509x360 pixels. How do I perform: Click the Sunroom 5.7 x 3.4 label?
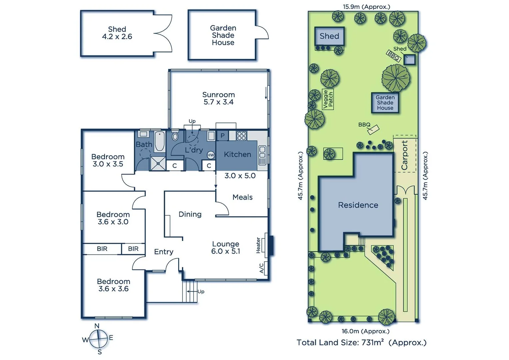(219, 98)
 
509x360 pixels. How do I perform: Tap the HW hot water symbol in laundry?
(211, 155)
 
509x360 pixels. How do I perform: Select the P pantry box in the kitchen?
(223, 136)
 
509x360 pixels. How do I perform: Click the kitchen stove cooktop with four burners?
(242, 136)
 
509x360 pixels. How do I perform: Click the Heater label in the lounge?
(258, 245)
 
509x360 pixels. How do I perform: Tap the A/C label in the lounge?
(261, 268)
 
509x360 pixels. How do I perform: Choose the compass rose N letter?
(97, 326)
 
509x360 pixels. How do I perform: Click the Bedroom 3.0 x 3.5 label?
(108, 160)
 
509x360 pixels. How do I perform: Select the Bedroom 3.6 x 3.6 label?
(114, 285)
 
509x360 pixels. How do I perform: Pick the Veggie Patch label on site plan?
(328, 99)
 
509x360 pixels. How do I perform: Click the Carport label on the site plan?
(404, 155)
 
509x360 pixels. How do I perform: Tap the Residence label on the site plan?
(358, 205)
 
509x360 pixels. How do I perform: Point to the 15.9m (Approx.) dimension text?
(366, 6)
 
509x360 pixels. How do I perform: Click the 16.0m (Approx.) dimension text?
(365, 331)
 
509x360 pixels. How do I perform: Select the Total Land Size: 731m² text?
(361, 342)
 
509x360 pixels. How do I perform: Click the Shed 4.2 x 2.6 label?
(117, 33)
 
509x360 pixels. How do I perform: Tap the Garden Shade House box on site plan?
(385, 103)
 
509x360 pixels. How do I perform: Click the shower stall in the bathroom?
(158, 163)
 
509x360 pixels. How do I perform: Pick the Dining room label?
(190, 214)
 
